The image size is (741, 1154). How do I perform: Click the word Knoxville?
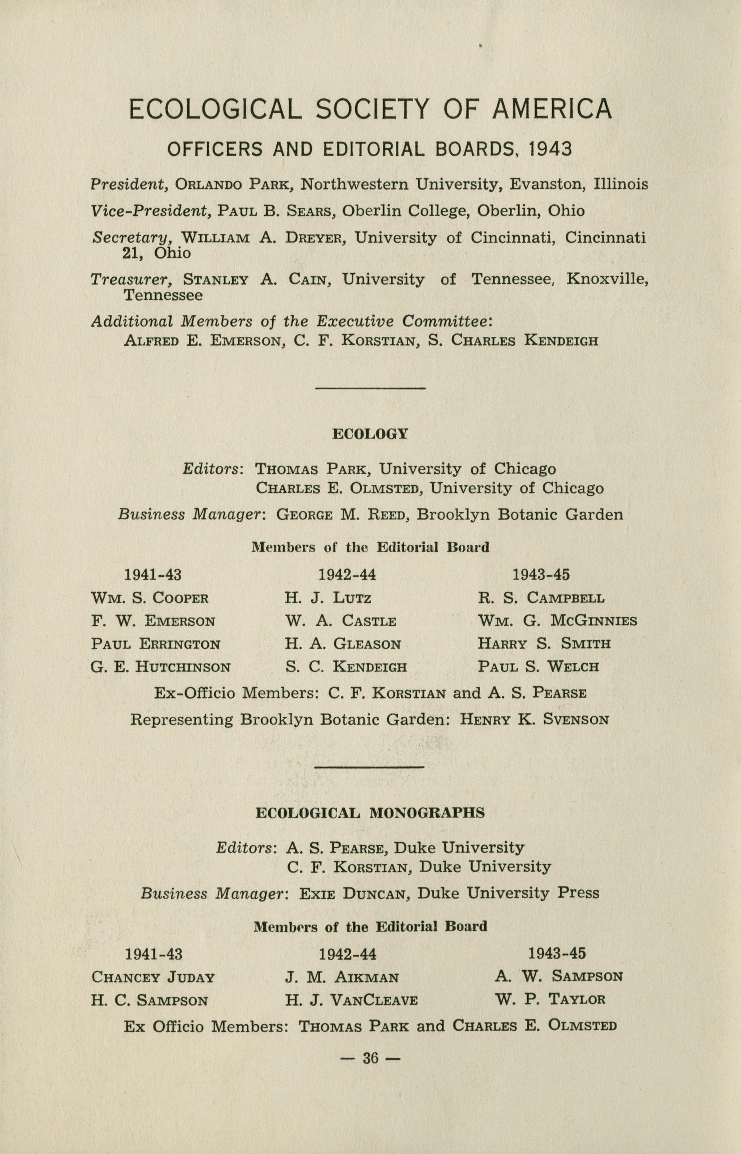(607, 279)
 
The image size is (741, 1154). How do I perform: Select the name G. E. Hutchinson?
(161, 667)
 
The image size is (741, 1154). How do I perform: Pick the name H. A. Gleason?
(343, 644)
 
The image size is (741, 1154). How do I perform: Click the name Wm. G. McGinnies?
(558, 621)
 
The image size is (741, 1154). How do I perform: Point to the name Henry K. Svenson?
(534, 720)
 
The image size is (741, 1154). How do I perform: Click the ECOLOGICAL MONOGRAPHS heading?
(370, 813)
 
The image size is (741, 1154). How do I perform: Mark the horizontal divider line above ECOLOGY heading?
(370, 388)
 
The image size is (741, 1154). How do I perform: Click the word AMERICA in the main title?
(552, 109)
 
